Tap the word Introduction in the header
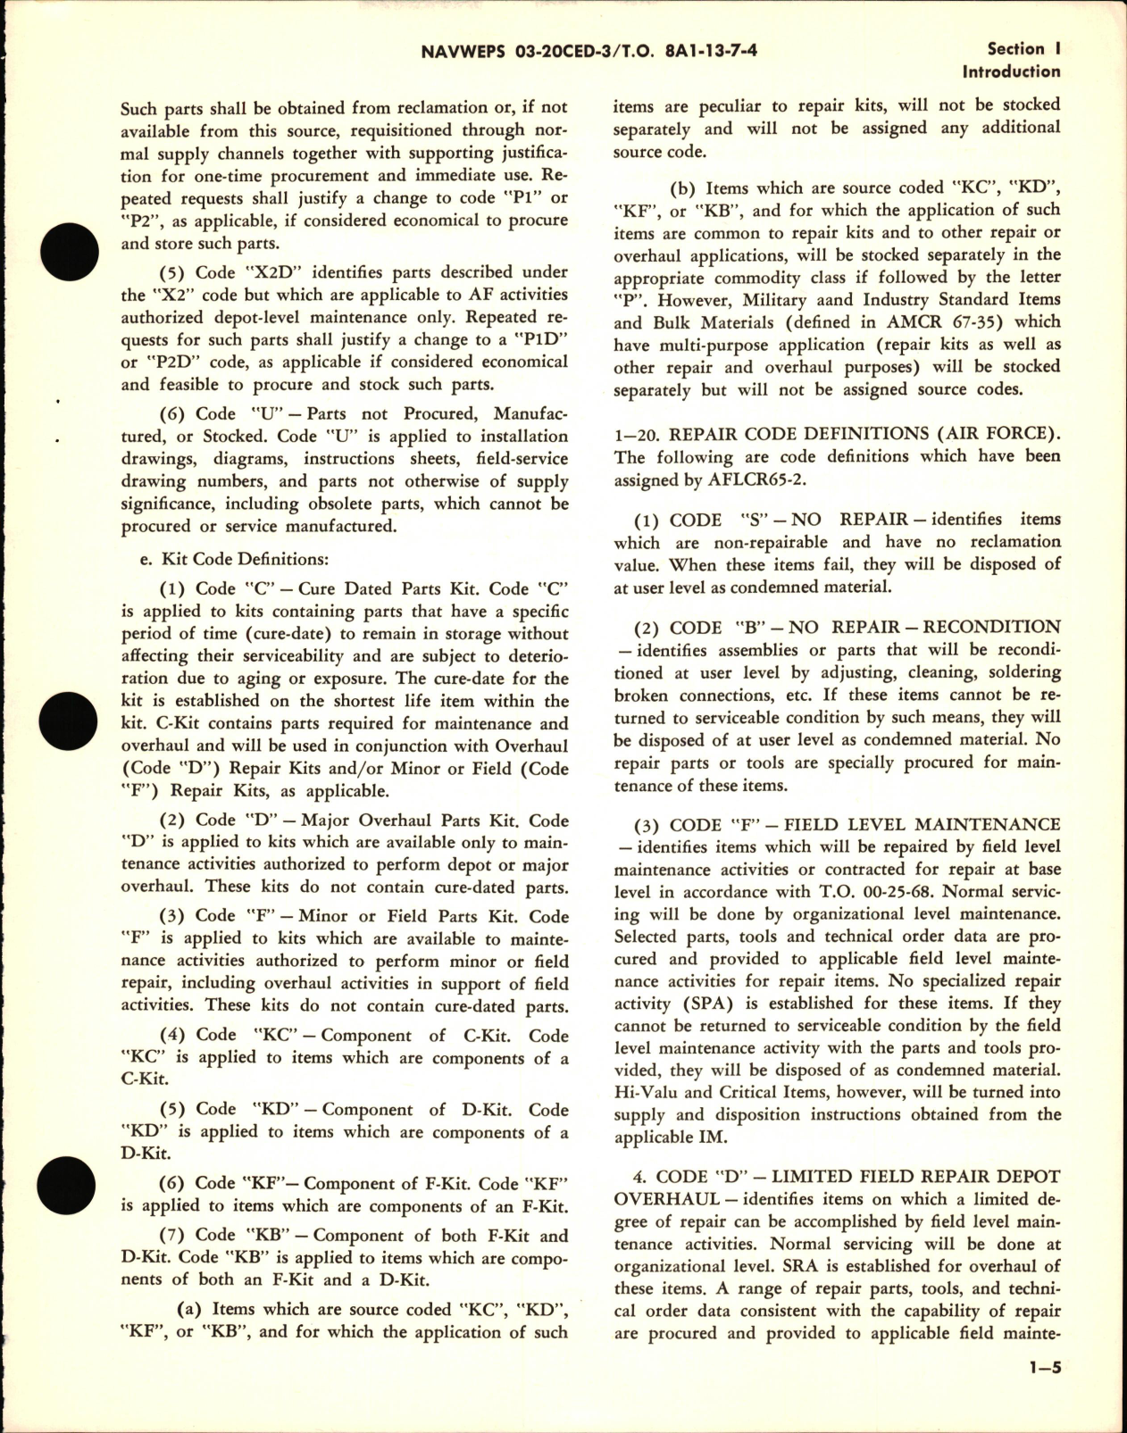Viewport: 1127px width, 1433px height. (x=1011, y=71)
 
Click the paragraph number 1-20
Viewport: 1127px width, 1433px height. (x=636, y=434)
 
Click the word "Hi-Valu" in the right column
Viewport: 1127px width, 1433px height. (x=647, y=1093)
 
